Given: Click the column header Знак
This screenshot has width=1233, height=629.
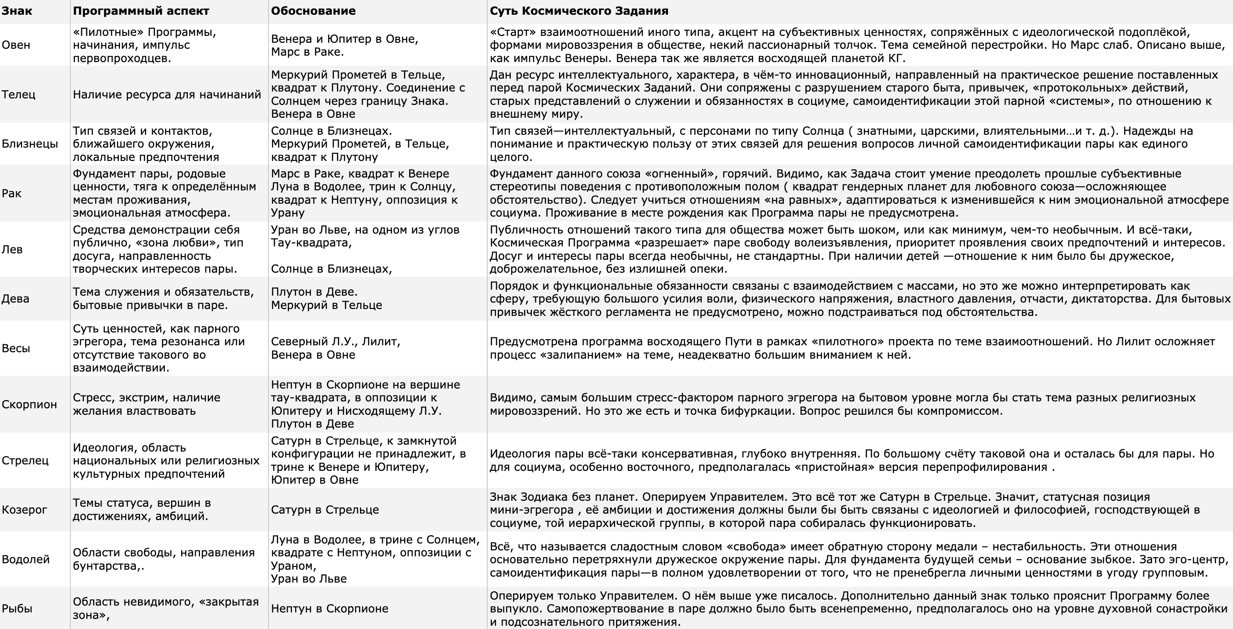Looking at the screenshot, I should (x=17, y=11).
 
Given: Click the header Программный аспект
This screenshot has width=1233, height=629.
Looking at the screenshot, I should (x=141, y=11).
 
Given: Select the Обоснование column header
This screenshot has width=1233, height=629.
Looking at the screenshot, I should (x=313, y=11).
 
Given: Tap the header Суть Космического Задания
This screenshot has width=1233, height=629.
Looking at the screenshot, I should (x=579, y=11).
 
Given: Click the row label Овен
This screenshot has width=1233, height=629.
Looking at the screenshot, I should (x=16, y=45).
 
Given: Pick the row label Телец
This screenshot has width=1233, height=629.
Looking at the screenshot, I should (x=18, y=94).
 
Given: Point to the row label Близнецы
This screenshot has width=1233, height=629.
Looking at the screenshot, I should (x=30, y=144).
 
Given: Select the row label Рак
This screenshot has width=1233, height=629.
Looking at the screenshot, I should (x=11, y=194).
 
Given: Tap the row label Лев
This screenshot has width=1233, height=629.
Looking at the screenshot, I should (x=12, y=249).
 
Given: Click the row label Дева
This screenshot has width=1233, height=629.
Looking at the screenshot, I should (x=15, y=299).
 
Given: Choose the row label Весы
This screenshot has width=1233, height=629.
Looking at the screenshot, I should (x=16, y=349).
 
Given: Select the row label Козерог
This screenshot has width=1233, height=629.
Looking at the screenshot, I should (x=24, y=510).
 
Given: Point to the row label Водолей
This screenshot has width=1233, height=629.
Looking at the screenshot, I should (x=25, y=560).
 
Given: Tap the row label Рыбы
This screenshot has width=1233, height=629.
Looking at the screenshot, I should (x=17, y=609).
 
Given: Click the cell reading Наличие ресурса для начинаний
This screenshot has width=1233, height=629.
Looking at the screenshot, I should (x=167, y=94).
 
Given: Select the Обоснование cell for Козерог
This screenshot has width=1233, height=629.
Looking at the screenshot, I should (x=325, y=510).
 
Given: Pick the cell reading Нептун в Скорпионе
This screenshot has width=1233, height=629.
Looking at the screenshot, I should (x=329, y=609).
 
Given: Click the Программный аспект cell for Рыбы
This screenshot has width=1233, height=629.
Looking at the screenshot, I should (x=166, y=608).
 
